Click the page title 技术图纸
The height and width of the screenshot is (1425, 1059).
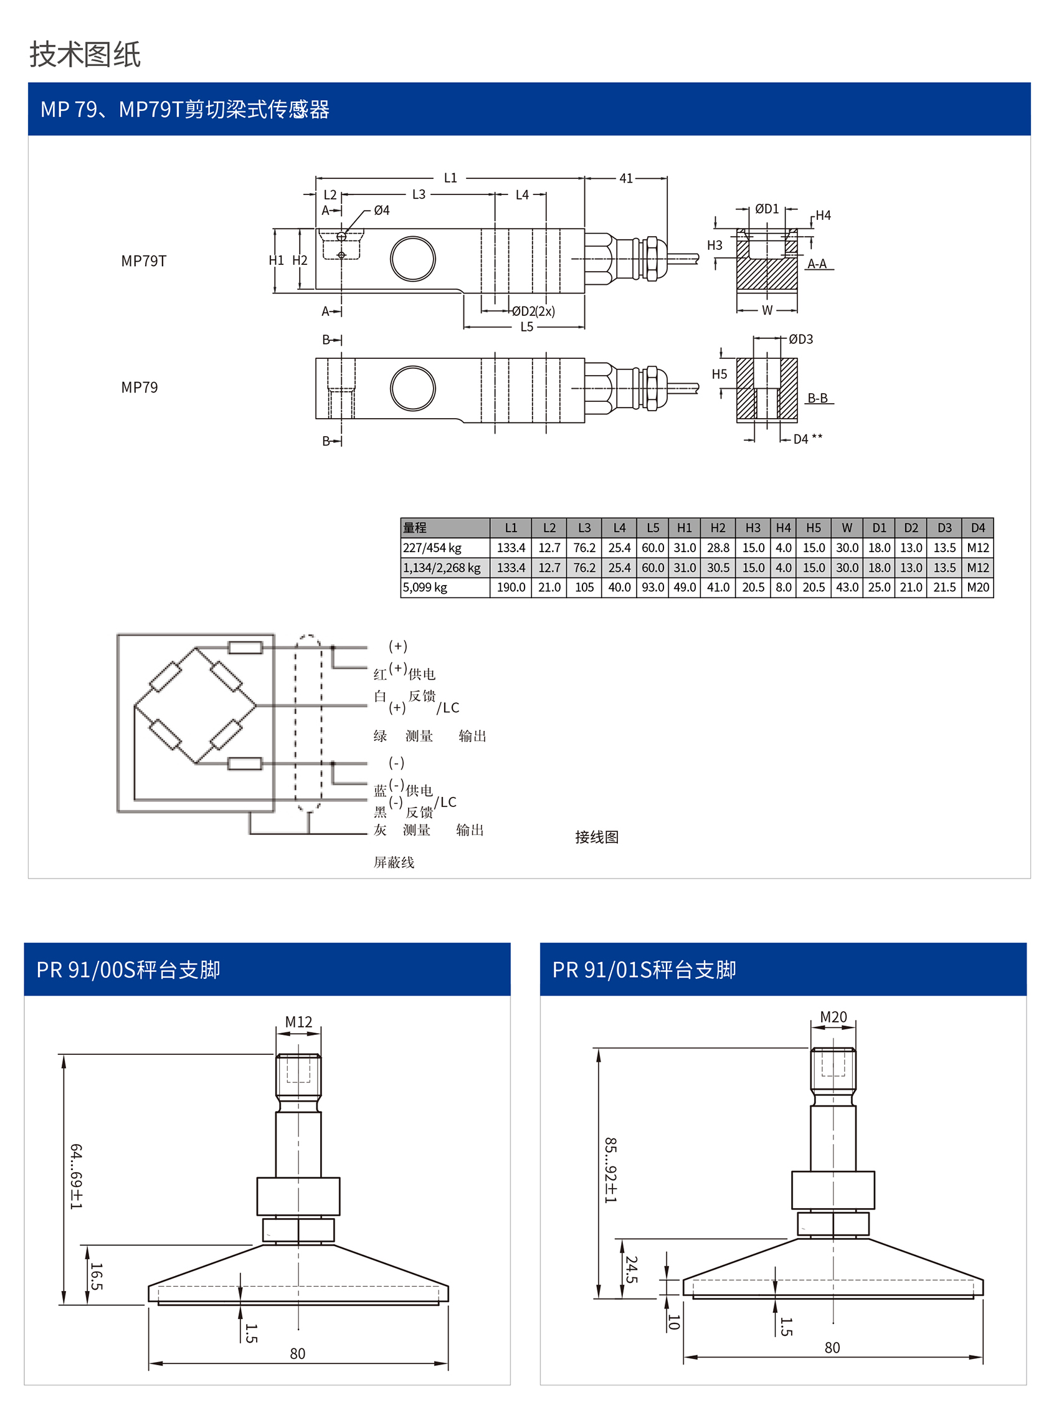[x=85, y=54]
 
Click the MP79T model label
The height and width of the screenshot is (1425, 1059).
[x=144, y=261]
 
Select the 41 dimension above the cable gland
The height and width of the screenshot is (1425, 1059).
[x=625, y=178]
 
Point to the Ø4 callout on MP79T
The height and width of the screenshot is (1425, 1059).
[x=381, y=210]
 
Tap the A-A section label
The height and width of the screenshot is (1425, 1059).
[x=817, y=264]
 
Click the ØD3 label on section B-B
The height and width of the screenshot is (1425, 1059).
[x=800, y=339]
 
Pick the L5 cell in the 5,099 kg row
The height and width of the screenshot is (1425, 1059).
[x=653, y=587]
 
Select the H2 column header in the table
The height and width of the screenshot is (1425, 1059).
[x=718, y=528]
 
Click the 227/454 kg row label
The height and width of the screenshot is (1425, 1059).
[x=432, y=548]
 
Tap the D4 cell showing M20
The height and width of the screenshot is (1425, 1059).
[x=977, y=587]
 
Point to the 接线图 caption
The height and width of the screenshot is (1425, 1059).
[x=596, y=837]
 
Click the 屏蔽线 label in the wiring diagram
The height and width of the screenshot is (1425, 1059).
[x=394, y=862]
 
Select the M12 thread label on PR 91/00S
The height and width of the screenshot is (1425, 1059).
[x=299, y=1021]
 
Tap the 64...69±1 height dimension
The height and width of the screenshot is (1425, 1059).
[x=75, y=1176]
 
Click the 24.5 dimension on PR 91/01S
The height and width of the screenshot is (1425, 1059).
[x=632, y=1269]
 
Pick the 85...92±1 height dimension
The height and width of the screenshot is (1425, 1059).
[x=610, y=1170]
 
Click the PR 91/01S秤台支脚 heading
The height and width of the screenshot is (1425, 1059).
[x=643, y=970]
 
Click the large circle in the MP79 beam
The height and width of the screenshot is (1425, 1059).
[x=413, y=388]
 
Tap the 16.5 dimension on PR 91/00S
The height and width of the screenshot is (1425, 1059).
[x=96, y=1275]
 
